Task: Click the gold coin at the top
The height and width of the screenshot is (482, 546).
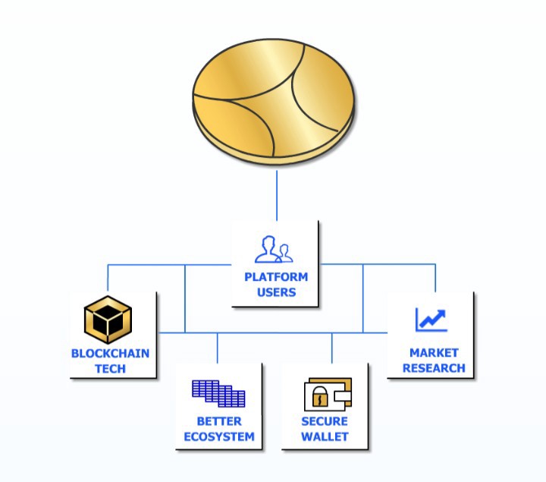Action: click(x=273, y=101)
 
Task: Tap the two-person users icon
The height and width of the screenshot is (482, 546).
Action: click(x=274, y=249)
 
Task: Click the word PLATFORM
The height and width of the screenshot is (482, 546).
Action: click(x=276, y=277)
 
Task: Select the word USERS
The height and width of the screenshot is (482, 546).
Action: click(x=277, y=292)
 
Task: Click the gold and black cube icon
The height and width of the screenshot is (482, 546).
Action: click(x=108, y=320)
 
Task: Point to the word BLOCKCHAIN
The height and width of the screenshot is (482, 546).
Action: click(x=111, y=354)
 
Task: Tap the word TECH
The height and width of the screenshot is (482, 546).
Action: click(x=111, y=369)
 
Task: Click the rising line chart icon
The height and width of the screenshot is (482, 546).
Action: click(x=431, y=320)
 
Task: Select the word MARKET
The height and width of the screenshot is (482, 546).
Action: click(x=434, y=353)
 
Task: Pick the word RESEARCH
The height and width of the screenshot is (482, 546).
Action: click(x=434, y=368)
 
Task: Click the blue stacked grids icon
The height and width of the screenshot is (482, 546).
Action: click(x=218, y=393)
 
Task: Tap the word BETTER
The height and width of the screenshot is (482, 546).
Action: click(x=219, y=421)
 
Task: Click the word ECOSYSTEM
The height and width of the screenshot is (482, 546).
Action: click(x=219, y=436)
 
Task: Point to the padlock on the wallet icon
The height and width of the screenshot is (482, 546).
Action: click(x=320, y=396)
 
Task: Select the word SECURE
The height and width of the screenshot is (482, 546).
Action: click(x=325, y=421)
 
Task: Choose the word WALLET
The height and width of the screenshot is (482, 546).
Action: click(x=325, y=436)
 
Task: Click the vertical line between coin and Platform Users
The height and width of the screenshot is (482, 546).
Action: click(x=277, y=195)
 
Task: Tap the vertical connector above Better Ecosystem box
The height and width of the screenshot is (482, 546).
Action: click(x=218, y=348)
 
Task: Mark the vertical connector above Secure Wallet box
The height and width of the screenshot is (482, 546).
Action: click(x=332, y=348)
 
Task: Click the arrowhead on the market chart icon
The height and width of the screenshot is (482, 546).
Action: click(x=441, y=314)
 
